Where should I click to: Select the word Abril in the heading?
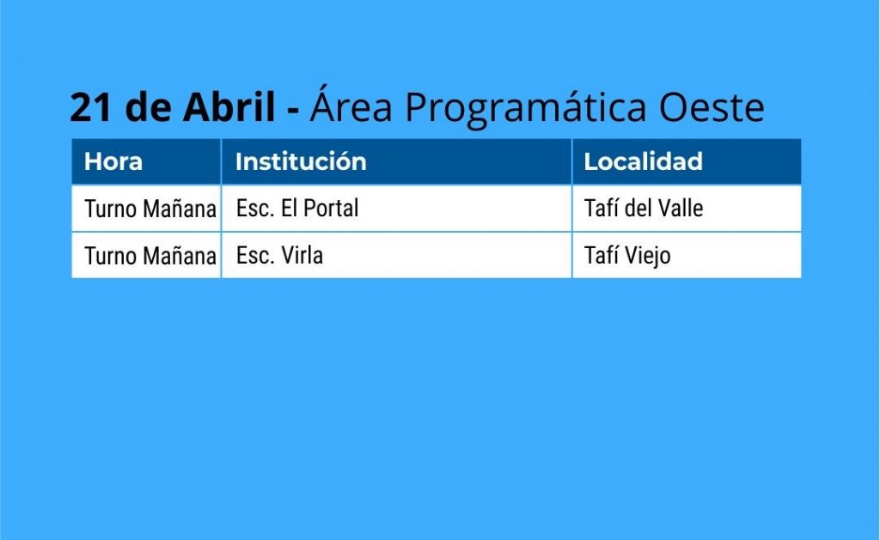[x=229, y=106]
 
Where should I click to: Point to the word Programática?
[x=526, y=106]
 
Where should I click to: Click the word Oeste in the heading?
[x=711, y=107]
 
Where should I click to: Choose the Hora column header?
[x=113, y=161]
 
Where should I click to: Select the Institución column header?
[x=301, y=161]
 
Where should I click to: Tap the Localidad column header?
[x=643, y=161]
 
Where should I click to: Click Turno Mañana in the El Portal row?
[x=150, y=209]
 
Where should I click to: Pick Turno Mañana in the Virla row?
[x=150, y=256]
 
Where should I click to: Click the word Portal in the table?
[x=331, y=208]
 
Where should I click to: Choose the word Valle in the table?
[x=681, y=208]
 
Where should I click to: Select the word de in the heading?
[x=148, y=106]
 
